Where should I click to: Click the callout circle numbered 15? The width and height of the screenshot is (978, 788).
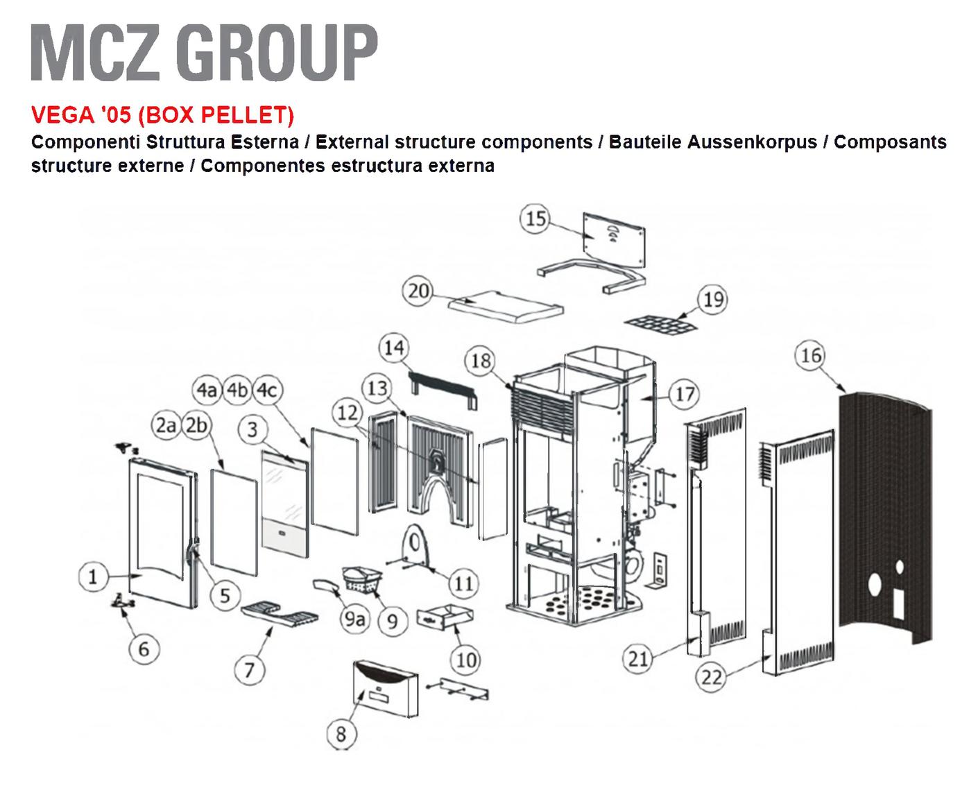pos(535,219)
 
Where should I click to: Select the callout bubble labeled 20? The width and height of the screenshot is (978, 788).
pos(419,291)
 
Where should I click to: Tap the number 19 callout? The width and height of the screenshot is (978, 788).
pos(713,300)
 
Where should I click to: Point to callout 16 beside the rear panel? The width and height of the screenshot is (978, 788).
pos(811,357)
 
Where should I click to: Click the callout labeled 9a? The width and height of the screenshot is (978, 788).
pos(354,619)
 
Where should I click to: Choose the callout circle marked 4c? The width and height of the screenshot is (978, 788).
pos(267,391)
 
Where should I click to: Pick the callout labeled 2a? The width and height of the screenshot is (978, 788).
pos(166,426)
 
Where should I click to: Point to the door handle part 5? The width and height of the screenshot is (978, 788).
pos(191,551)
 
